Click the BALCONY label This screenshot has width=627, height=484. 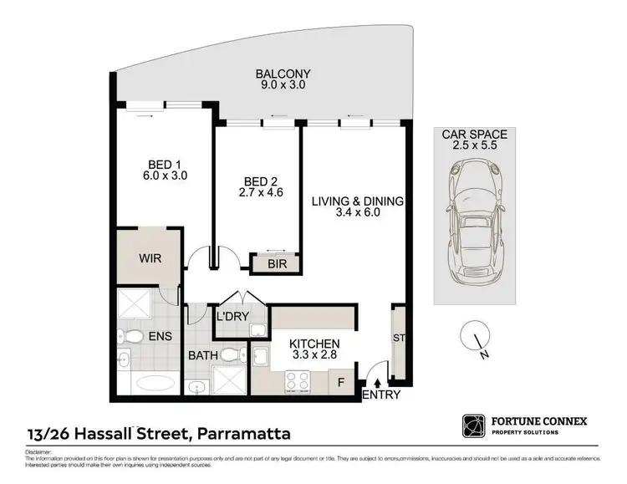tap(278, 72)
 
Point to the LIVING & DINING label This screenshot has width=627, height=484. tap(358, 201)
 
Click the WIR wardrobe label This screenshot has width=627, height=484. tap(150, 258)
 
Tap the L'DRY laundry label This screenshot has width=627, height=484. tap(231, 317)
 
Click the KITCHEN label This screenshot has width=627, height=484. tap(314, 344)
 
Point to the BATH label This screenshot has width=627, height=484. tap(201, 356)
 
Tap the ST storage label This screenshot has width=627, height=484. tap(397, 339)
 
